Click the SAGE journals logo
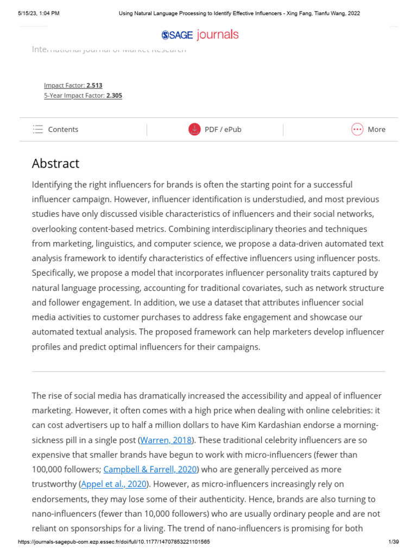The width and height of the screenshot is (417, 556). click(200, 35)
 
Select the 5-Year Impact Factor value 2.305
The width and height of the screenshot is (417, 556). click(114, 96)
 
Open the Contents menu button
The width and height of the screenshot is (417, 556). click(55, 129)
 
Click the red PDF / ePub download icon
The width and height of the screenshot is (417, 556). click(194, 129)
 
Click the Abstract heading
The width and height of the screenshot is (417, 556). click(55, 163)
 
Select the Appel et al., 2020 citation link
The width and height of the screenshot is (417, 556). click(114, 484)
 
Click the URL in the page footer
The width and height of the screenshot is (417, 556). click(114, 542)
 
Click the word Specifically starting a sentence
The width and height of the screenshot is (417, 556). click(54, 273)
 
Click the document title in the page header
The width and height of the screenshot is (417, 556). click(239, 13)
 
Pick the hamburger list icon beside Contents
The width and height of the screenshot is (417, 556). click(37, 129)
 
